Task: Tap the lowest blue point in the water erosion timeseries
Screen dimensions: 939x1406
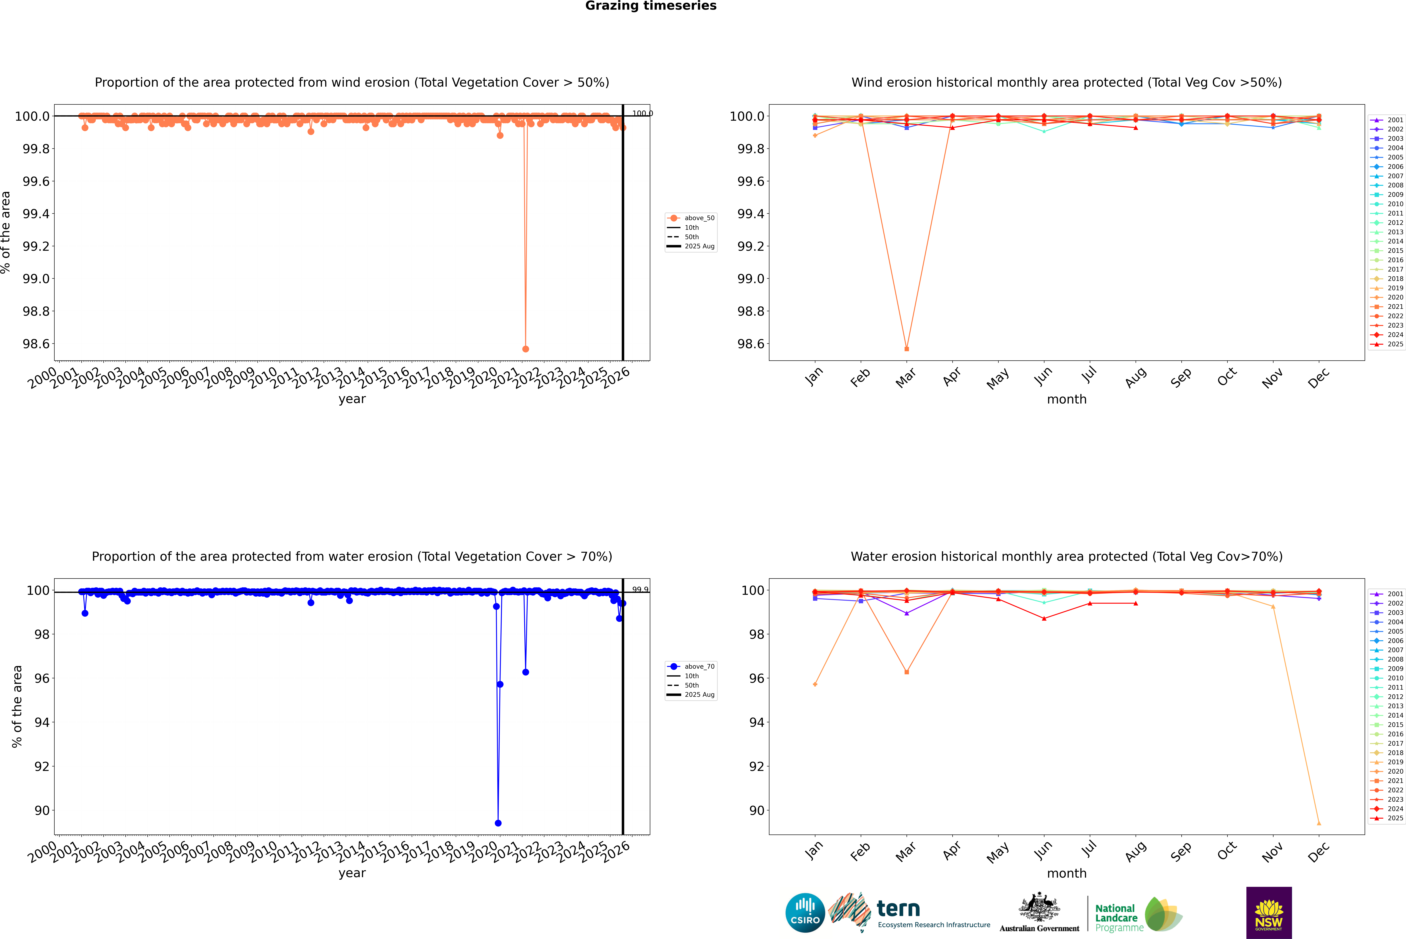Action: tap(498, 823)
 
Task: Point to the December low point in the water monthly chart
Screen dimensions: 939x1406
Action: tap(1319, 823)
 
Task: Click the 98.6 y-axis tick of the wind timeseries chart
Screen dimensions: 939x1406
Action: tap(36, 344)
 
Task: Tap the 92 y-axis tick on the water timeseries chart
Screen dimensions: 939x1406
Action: tap(42, 767)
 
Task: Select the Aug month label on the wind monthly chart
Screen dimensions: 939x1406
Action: tap(1136, 377)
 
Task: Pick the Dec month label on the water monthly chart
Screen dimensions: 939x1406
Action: tap(1319, 852)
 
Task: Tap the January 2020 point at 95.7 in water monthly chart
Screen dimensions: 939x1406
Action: tap(815, 685)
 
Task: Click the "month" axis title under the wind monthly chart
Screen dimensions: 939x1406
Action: tap(1066, 399)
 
